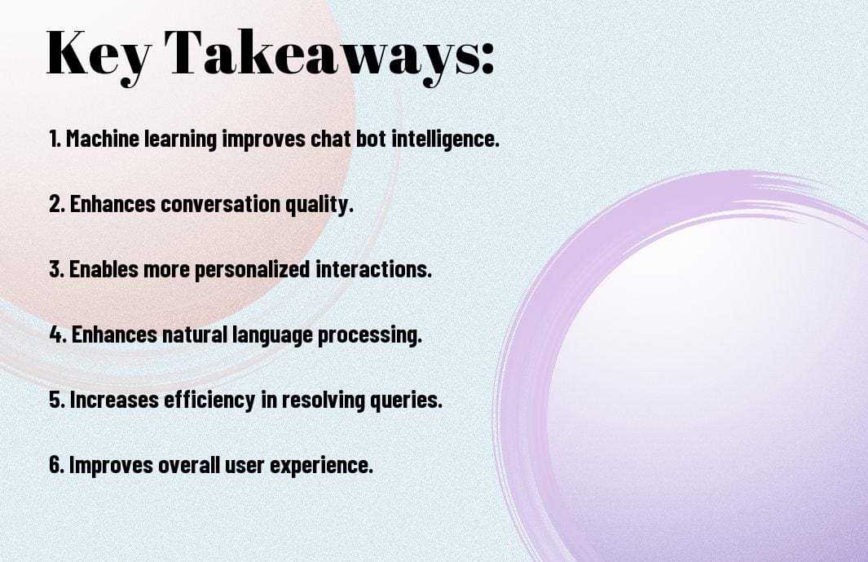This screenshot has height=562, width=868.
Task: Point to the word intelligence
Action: point(445,139)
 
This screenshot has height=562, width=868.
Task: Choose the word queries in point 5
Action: point(412,400)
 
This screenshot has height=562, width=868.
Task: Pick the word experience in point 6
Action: point(328,466)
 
